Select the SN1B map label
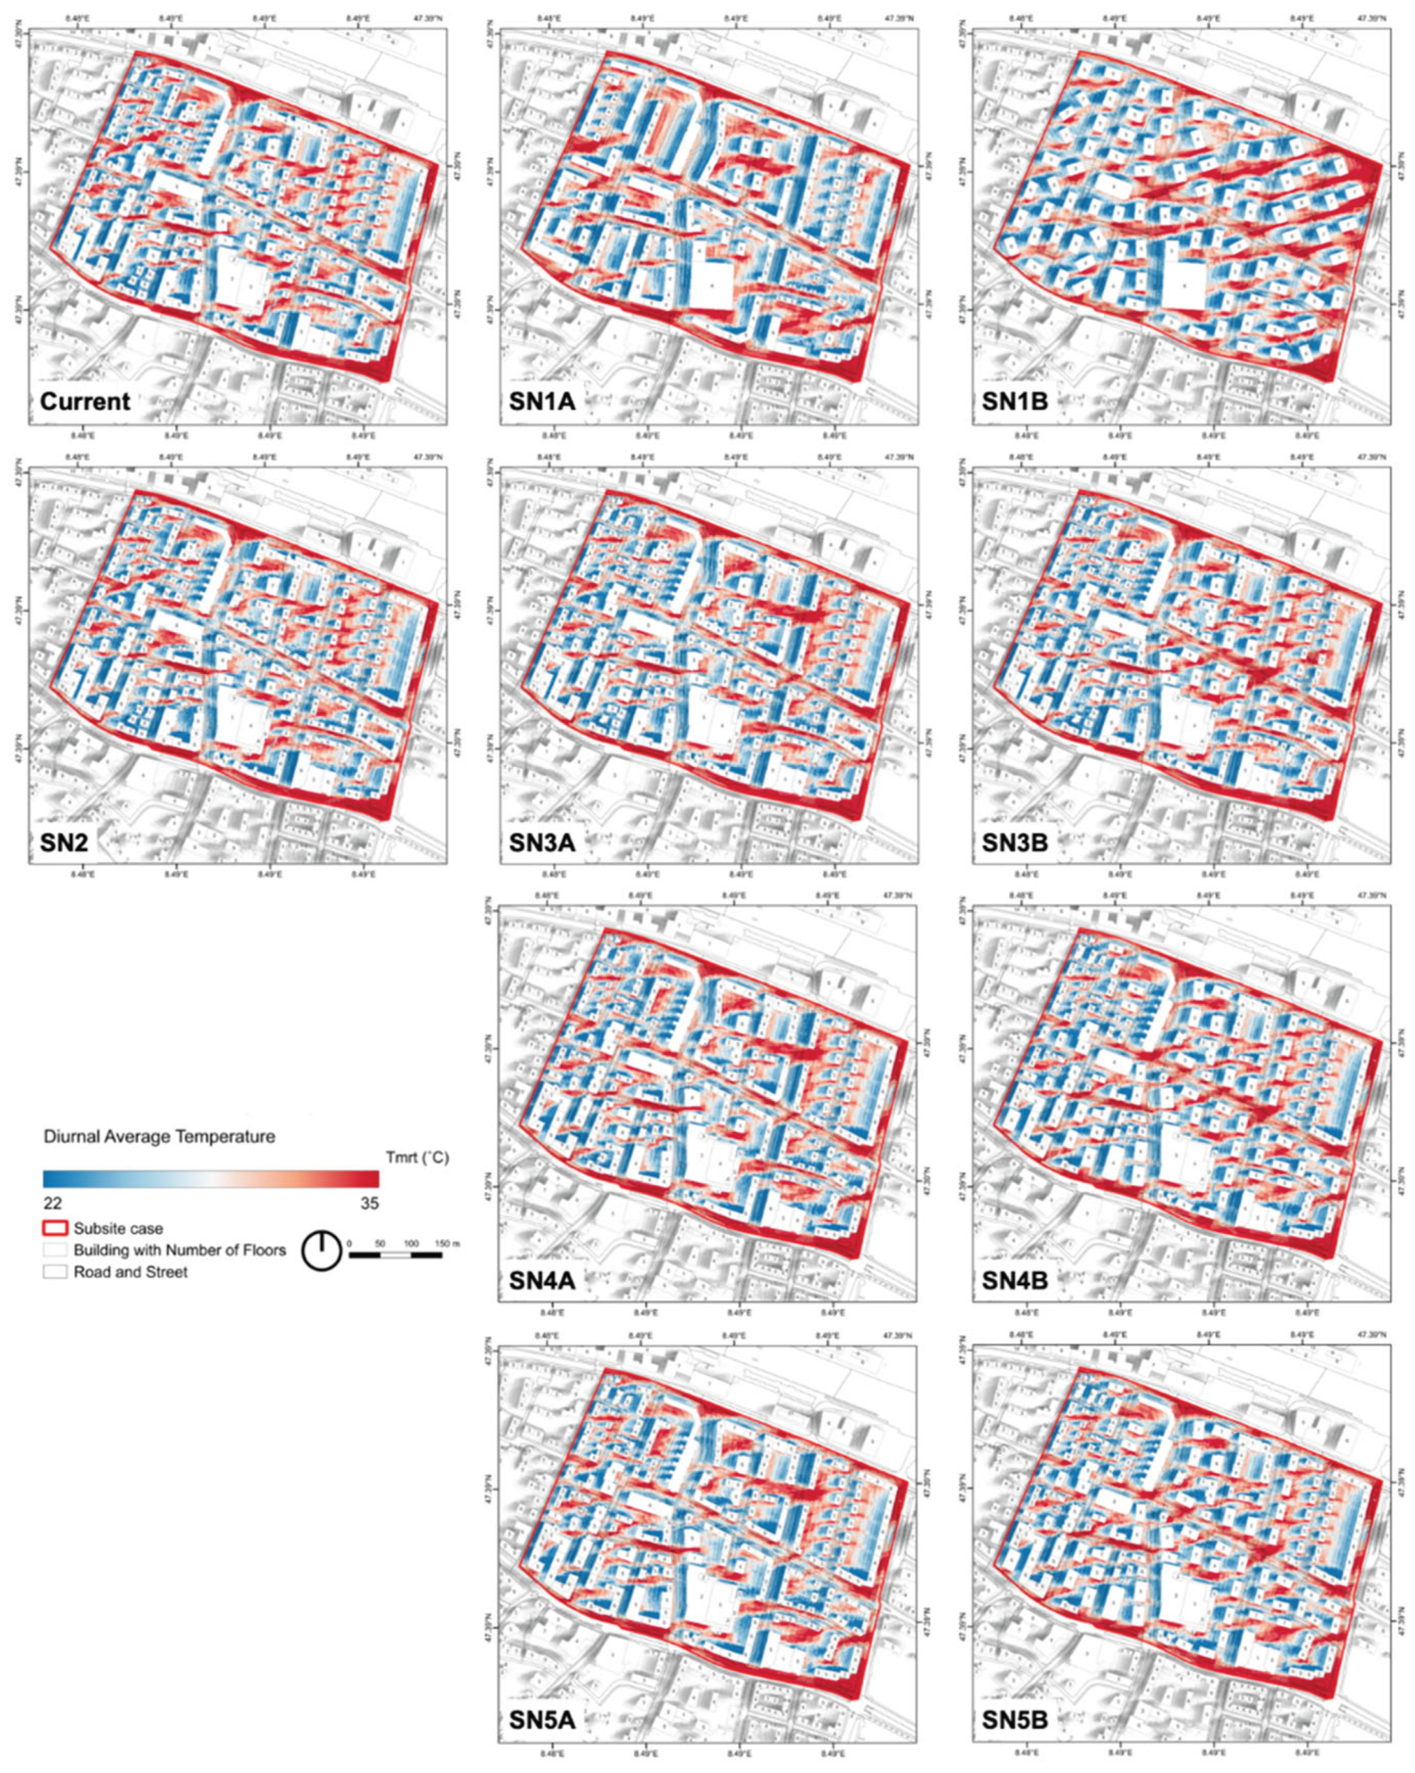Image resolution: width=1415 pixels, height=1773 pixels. pos(1016,401)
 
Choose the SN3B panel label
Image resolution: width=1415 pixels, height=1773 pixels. pos(1016,841)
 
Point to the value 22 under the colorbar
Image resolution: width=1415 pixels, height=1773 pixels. pos(52,1203)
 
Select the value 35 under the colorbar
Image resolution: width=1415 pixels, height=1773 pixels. pos(369,1203)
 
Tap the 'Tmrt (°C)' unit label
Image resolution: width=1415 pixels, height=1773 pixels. pos(417,1158)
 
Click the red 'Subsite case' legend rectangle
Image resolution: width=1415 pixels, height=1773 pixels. pos(55,1229)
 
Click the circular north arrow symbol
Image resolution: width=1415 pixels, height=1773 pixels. pos(322,1252)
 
